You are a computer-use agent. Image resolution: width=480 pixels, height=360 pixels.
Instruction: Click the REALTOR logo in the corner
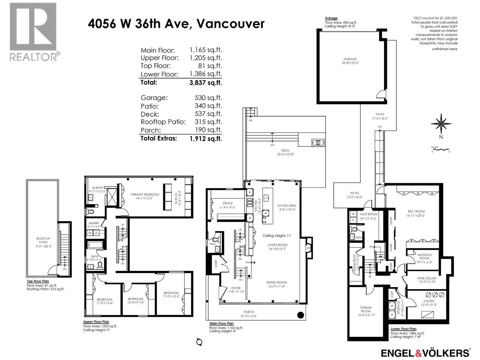tap(33, 31)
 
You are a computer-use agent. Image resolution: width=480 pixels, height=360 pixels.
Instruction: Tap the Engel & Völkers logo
tap(425, 352)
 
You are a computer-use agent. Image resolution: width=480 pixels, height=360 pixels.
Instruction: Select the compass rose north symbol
tap(441, 124)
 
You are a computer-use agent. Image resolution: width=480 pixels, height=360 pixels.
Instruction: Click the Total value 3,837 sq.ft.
tap(205, 82)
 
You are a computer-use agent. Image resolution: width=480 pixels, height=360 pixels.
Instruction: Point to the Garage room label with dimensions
tap(350, 61)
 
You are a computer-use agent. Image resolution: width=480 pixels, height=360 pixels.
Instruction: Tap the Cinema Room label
tap(366, 311)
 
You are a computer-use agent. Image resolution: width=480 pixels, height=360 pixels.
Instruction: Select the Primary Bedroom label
tap(145, 196)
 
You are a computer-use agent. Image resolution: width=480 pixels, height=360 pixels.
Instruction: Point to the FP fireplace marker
tap(308, 248)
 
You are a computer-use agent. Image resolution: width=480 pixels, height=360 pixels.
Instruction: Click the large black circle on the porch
tap(301, 315)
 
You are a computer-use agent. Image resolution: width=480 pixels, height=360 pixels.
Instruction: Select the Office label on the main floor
tap(227, 205)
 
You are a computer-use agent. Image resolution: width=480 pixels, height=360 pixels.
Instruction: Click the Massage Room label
tap(424, 258)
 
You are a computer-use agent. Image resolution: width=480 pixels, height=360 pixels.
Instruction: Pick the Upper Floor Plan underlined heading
tap(96, 322)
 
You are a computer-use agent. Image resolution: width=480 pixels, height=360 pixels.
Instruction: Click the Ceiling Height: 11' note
tap(277, 236)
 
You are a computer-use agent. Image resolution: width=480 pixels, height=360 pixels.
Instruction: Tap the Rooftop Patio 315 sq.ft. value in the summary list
tap(208, 122)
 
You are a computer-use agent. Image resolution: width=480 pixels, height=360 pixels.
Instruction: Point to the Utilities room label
tap(429, 303)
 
